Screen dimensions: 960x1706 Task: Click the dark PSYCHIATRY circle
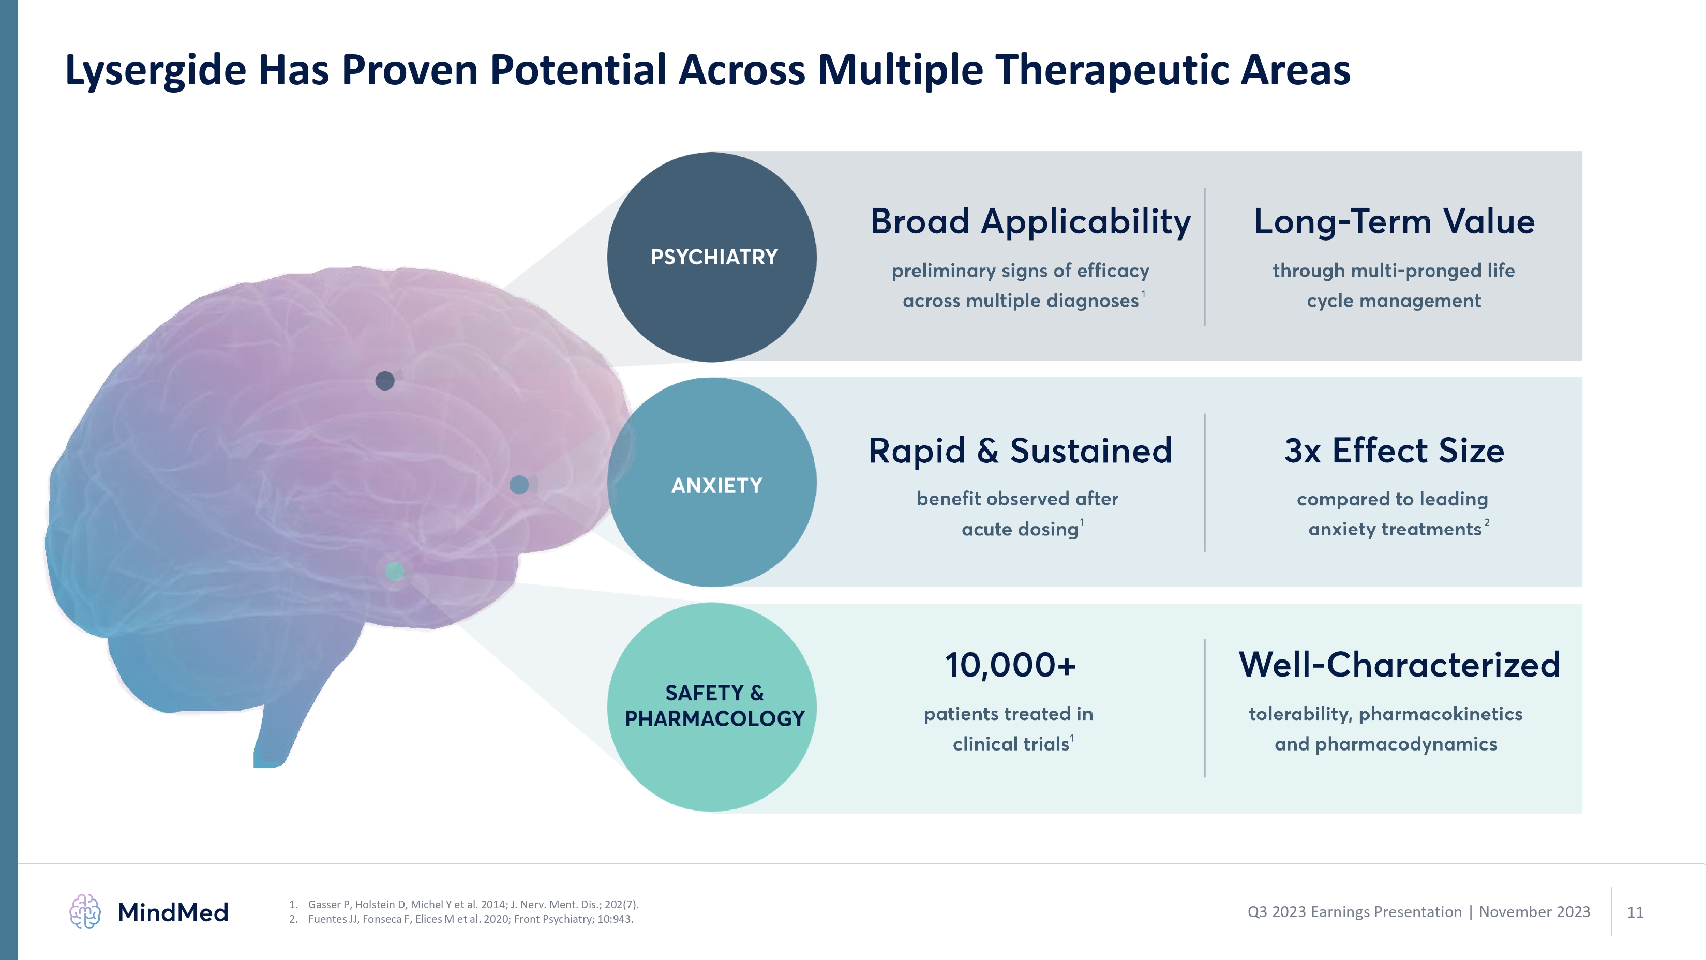click(712, 257)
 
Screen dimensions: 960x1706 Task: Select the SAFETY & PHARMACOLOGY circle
click(712, 707)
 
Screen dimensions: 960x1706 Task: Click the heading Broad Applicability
click(1030, 221)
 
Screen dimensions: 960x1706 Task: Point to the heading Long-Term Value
click(1394, 221)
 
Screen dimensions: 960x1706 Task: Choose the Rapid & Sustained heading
click(1020, 451)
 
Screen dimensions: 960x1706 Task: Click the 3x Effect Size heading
click(1394, 451)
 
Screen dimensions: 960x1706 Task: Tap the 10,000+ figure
click(1010, 665)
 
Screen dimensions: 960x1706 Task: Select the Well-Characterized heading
click(1399, 665)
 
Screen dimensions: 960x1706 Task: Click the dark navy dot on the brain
click(385, 381)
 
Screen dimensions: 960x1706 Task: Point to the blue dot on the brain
click(519, 485)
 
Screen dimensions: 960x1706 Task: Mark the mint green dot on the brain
click(395, 571)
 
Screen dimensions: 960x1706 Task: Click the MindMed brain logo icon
click(85, 912)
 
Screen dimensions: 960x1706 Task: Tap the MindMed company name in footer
click(173, 912)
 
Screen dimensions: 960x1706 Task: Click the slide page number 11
click(1635, 912)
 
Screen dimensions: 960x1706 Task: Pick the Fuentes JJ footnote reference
click(470, 919)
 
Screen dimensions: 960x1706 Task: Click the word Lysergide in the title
click(156, 70)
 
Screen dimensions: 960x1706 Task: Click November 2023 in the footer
click(1534, 912)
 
